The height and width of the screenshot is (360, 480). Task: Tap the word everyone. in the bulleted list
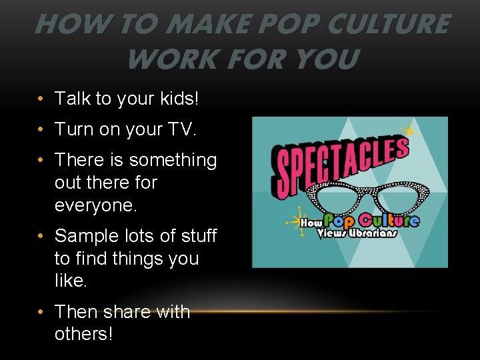click(x=95, y=205)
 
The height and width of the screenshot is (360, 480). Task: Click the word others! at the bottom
click(x=83, y=333)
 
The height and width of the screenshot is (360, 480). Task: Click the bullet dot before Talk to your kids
click(x=41, y=99)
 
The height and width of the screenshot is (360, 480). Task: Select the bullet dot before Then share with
click(x=41, y=312)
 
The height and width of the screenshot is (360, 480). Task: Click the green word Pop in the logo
click(x=340, y=220)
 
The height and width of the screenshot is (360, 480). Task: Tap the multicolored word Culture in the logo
click(x=389, y=220)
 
